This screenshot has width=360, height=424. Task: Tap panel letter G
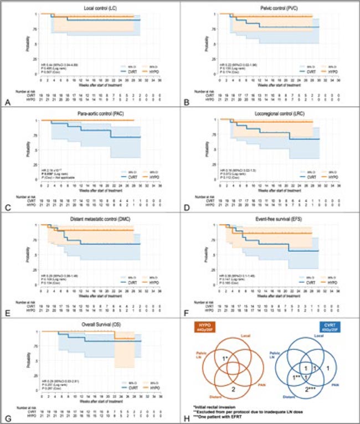click(x=5, y=418)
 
